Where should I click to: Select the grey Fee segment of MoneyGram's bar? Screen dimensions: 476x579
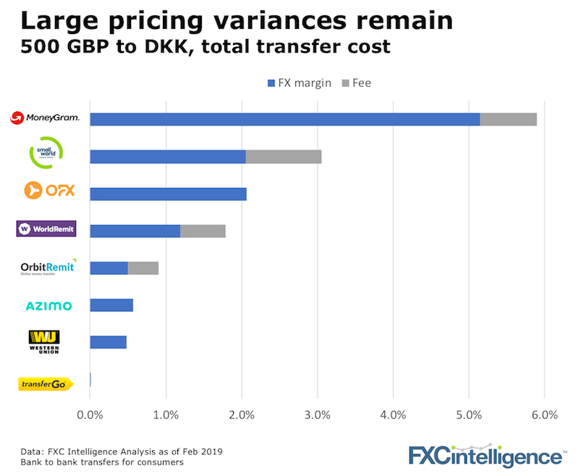point(508,119)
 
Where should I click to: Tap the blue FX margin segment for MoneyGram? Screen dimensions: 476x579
point(284,119)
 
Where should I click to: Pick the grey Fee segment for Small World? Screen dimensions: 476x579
point(284,156)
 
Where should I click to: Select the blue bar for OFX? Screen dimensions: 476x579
point(168,194)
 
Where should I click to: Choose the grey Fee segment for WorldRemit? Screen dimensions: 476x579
point(203,231)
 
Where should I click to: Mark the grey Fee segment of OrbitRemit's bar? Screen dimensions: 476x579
point(143,268)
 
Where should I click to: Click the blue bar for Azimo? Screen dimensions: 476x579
point(111,305)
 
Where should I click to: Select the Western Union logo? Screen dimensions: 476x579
point(44,341)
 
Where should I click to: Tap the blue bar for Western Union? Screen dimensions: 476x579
point(108,342)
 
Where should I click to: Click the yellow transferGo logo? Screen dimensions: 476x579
point(45,383)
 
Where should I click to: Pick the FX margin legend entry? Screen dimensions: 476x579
point(299,83)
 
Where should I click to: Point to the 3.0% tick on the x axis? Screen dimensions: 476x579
point(317,415)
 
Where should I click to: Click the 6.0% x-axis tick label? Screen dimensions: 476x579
point(544,415)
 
